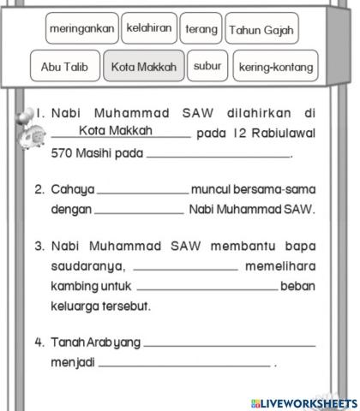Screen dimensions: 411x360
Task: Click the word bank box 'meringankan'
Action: (x=82, y=30)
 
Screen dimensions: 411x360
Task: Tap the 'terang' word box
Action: (x=201, y=29)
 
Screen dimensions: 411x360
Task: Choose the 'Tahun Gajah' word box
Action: (x=261, y=31)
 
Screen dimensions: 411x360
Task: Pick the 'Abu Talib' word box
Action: (x=64, y=66)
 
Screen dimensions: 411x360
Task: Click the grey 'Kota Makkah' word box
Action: (x=143, y=66)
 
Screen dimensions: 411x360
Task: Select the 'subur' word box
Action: (x=207, y=65)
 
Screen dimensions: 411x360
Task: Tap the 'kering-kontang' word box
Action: (x=276, y=66)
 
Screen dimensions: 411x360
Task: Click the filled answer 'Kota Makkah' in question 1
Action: (x=121, y=131)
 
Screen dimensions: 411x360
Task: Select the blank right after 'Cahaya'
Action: (x=142, y=188)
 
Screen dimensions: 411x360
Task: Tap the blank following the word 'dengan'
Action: (x=138, y=208)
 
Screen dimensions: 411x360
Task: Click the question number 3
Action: (x=39, y=246)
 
